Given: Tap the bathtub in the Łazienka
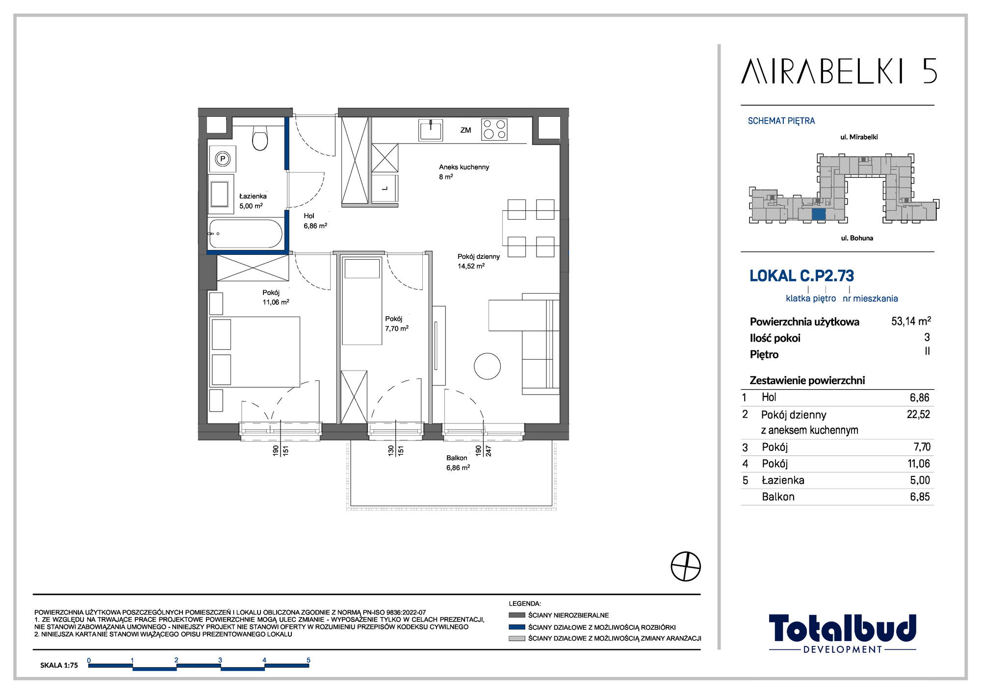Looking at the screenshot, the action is point(246,234).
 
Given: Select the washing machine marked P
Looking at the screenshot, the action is point(223,159).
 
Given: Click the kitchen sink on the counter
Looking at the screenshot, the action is point(431,130).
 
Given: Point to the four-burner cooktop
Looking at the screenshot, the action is point(494,129).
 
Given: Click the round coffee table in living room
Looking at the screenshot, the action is point(487,366).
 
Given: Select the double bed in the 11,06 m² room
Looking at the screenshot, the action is point(255,352).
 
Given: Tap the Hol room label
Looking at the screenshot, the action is point(309,216).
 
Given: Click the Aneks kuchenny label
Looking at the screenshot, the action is point(464,167).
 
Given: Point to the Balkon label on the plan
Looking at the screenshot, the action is point(457,458).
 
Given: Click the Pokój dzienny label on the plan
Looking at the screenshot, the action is point(479,256).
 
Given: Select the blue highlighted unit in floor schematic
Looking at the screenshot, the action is point(819,215).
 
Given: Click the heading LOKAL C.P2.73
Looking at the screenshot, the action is point(801,276).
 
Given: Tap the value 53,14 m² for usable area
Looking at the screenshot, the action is point(911,321).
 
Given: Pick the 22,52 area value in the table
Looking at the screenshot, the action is point(918,415).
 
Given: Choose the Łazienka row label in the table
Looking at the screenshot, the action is point(783,480).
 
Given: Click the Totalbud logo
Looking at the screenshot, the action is point(842,633).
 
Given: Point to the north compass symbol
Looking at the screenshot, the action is point(686,567).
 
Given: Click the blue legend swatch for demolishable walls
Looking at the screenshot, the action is point(517,627).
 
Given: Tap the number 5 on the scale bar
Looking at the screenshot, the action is point(309,660).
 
